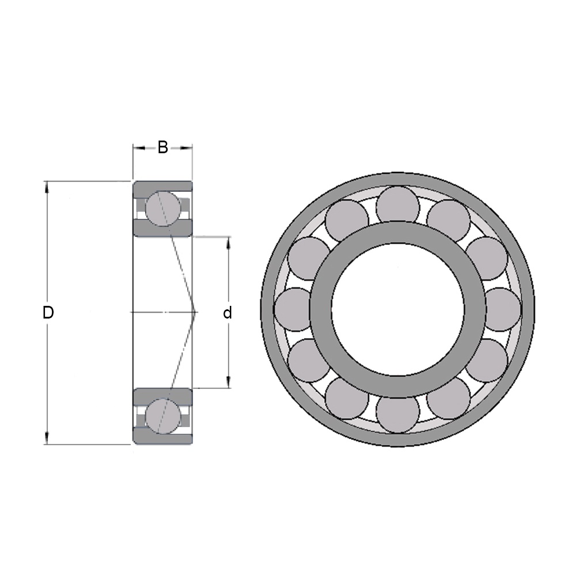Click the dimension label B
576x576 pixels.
(163, 147)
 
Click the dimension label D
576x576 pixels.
(48, 313)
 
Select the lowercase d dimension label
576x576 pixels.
(228, 313)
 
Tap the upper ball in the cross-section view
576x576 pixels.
(163, 209)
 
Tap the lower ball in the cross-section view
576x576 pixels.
(163, 416)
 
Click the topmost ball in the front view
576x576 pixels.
(397, 206)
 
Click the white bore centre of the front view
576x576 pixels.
(397, 309)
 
